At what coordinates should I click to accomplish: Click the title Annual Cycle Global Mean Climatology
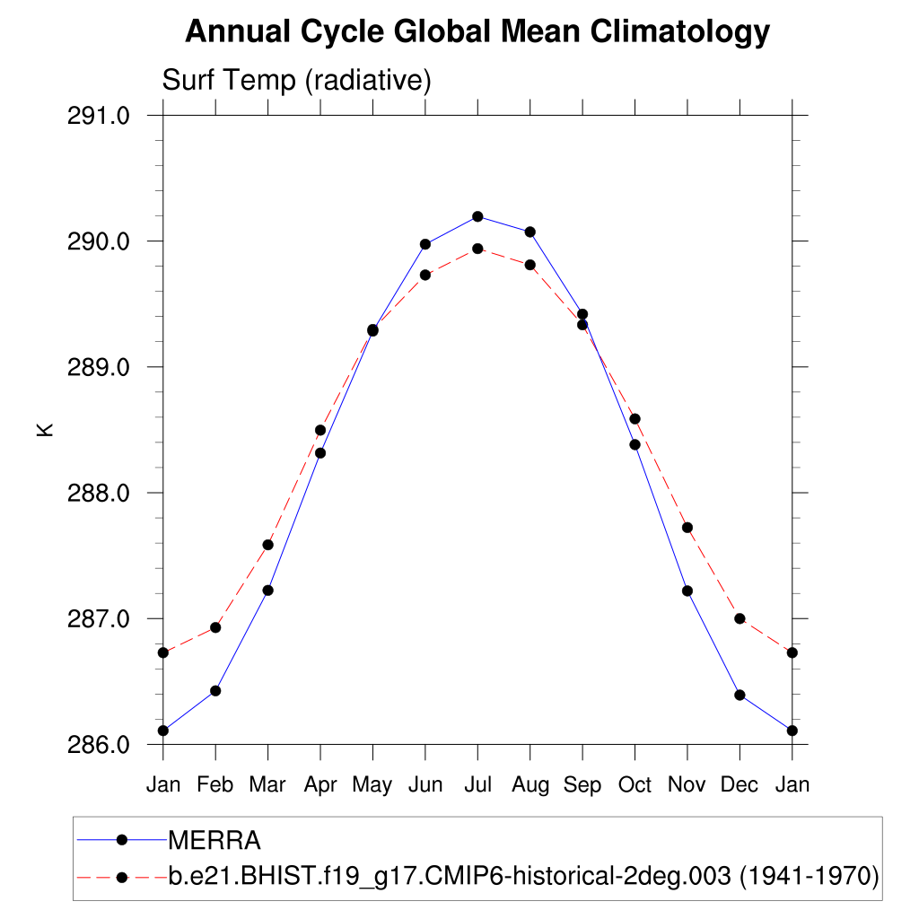pos(477,32)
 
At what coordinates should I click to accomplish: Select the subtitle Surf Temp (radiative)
pos(297,81)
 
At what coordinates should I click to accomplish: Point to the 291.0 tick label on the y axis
pos(100,116)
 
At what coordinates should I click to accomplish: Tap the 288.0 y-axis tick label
pos(100,494)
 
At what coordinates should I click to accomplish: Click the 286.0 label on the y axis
pos(100,745)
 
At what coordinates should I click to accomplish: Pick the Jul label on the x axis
pos(477,785)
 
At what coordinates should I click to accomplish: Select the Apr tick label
pos(320,785)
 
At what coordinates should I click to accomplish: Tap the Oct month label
pos(635,785)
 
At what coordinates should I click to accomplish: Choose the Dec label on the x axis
pos(740,785)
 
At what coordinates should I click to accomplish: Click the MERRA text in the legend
pos(214,841)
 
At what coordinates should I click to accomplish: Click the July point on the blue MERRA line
pos(477,216)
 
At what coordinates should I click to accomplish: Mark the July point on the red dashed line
pos(477,249)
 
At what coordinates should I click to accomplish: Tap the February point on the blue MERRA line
pos(215,690)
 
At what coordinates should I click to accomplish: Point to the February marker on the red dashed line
pos(215,627)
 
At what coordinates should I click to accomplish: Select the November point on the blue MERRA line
pos(687,591)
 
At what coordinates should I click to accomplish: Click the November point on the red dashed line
pos(687,528)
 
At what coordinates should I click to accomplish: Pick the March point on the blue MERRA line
pos(267,590)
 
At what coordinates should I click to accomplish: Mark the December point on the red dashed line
pos(740,618)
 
